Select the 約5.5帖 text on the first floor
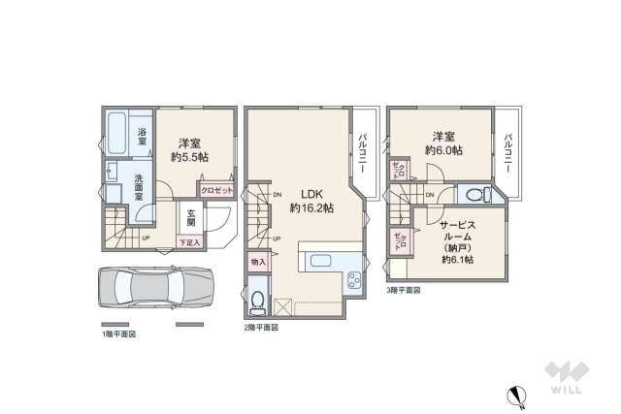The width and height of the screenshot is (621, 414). pyautogui.click(x=189, y=155)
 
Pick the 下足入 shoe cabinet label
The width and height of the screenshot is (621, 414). pyautogui.click(x=189, y=242)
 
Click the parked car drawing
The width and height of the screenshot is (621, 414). pyautogui.click(x=155, y=289)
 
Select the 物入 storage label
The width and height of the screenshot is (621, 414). pyautogui.click(x=258, y=261)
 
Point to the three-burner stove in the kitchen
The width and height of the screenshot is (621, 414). pyautogui.click(x=352, y=282)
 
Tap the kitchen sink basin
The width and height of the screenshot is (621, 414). pyautogui.click(x=320, y=262)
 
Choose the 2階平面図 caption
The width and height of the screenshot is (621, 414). pyautogui.click(x=261, y=327)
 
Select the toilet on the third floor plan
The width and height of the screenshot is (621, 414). pyautogui.click(x=475, y=193)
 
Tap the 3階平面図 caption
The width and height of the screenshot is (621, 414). pyautogui.click(x=404, y=289)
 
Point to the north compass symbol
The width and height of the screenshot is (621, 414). pyautogui.click(x=517, y=394)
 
